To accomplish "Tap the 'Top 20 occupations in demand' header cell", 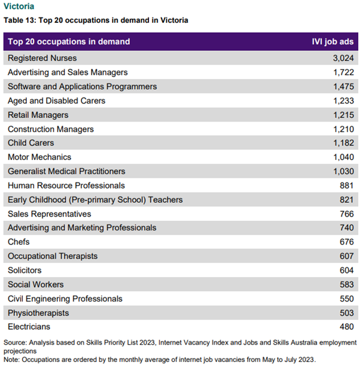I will [x=69, y=42].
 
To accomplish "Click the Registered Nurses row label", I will [x=42, y=58].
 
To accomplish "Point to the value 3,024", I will [x=343, y=58].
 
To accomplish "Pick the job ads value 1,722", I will [x=343, y=72].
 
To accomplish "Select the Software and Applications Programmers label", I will [x=82, y=87].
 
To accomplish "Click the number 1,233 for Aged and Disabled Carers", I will [x=343, y=101].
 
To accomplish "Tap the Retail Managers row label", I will [x=38, y=115].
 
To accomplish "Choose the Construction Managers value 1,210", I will [x=343, y=129].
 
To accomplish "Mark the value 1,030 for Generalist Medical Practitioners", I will [x=343, y=172].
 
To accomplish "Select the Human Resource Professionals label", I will [x=66, y=185].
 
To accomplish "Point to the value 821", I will [x=346, y=200].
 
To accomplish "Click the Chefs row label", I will [x=19, y=242].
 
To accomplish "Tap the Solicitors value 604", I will [x=346, y=270].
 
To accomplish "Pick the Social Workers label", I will [x=35, y=285].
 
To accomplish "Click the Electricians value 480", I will [x=346, y=327].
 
